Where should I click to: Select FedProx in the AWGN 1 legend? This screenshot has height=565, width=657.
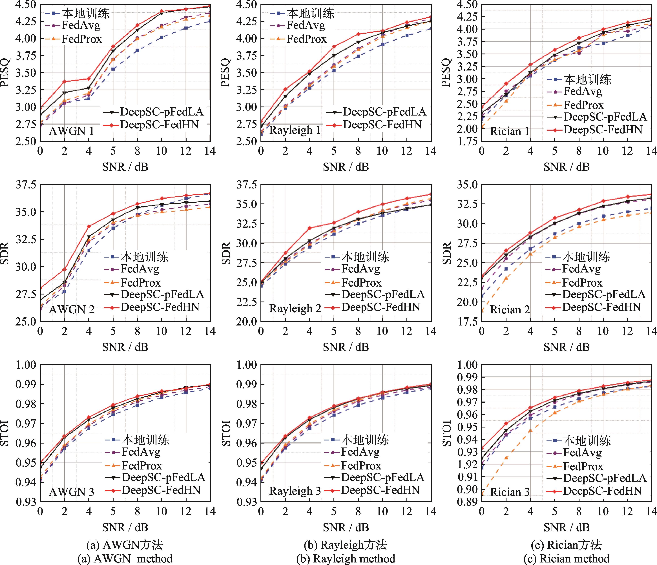pyautogui.click(x=82, y=39)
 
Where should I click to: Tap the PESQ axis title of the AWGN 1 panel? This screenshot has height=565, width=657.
pyautogui.click(x=6, y=73)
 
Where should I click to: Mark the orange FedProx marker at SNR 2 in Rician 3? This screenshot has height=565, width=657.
pyautogui.click(x=506, y=458)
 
